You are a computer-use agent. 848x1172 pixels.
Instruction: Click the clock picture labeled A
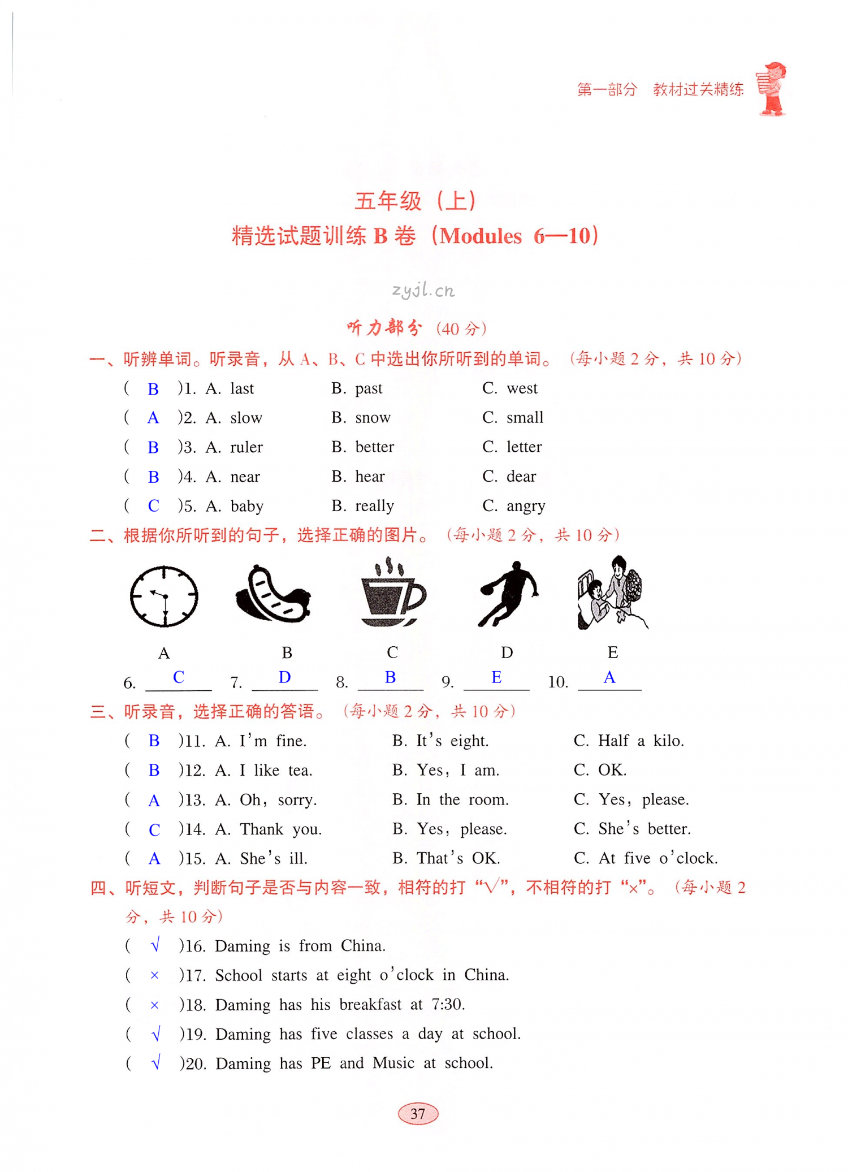coord(164,596)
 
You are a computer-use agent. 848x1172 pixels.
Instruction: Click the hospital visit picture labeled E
coord(612,593)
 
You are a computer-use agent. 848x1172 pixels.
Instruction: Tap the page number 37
coord(418,1113)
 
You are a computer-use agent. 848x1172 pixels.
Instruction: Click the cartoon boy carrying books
coord(772,89)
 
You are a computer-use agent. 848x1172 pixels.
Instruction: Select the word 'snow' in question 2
coord(373,418)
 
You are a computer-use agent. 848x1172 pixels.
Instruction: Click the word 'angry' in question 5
coord(526,506)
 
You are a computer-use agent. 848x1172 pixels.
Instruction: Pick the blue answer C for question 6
coord(179,677)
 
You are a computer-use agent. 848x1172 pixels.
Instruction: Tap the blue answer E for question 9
coord(496,677)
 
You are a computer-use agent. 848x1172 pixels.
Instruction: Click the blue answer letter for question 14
coord(154,829)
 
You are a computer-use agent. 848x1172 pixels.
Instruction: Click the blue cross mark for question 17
coord(154,975)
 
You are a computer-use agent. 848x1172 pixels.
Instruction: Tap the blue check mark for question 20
coord(156,1063)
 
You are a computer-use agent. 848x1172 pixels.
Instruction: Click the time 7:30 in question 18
coord(447,1005)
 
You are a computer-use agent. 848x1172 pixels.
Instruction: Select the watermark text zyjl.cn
coord(423,291)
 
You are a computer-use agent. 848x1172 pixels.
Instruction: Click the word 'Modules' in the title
coord(481,236)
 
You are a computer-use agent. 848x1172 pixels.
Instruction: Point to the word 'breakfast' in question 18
coord(370,1005)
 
